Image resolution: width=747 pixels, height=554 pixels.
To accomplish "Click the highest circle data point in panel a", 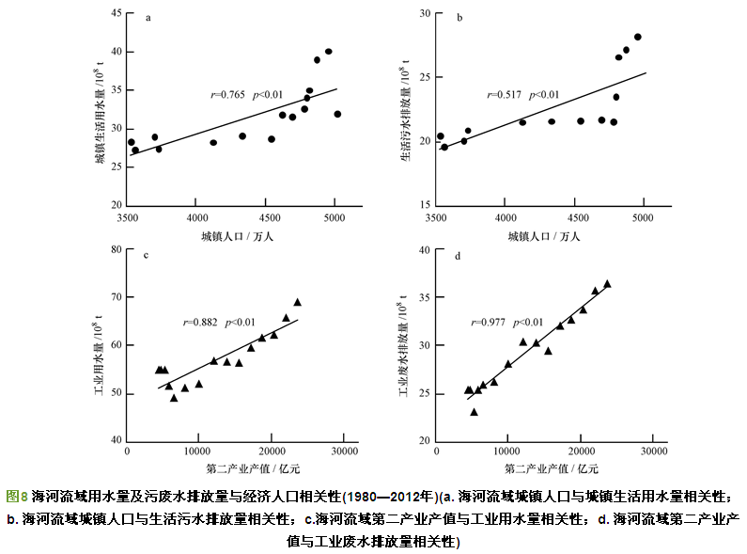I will coord(328,52).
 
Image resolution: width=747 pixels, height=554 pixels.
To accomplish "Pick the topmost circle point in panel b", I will coord(637,37).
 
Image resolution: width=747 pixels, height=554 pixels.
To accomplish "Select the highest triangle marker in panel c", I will coord(297,302).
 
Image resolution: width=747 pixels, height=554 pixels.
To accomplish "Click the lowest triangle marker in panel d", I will coord(474,411).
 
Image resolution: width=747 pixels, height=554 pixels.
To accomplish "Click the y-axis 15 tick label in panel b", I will coord(424,205).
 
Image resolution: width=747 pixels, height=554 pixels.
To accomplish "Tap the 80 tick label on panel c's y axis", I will coord(115,249).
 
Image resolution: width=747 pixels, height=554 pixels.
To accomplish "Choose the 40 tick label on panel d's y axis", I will coord(424,249).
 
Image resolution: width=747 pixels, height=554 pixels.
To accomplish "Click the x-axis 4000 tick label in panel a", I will coord(195,217).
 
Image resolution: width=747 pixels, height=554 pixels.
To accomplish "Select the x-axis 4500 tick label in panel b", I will coord(573,217).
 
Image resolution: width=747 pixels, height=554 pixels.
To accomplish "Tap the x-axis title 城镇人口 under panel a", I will coord(237,235).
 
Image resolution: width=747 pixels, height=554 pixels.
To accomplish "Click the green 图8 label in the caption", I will coord(17,495).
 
